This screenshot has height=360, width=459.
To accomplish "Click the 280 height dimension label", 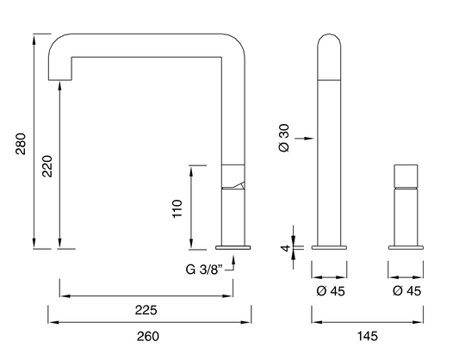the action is click(21, 144).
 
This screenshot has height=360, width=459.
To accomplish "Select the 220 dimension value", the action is click(47, 166).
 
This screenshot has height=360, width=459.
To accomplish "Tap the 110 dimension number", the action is click(177, 208).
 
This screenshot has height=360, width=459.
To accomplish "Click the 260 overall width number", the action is click(148, 336).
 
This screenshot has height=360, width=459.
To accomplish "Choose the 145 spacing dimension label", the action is click(368, 336).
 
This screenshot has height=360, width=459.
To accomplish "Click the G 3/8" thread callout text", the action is click(204, 270).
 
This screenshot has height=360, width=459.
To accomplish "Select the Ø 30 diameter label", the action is click(284, 138).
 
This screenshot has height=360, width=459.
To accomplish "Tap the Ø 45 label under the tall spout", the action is click(331, 291).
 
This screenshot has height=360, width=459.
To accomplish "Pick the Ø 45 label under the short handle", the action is click(406, 291).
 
